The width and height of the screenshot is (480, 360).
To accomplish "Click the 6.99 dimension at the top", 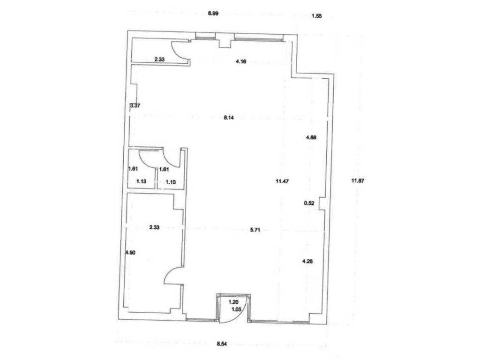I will coord(213,14).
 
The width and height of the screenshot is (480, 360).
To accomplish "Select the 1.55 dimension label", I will coord(316,16).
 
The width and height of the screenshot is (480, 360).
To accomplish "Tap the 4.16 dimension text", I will coord(241,61).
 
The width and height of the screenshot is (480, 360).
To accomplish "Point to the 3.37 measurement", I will coord(135,105).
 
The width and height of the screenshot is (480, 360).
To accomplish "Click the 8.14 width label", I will coord(229,118).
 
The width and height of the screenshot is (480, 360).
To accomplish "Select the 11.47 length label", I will coord(282,181).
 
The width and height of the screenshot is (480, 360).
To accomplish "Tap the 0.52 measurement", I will coord(309,203).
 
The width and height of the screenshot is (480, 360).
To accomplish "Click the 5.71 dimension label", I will coord(255,230).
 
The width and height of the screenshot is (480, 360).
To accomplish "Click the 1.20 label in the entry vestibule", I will coord(233,302).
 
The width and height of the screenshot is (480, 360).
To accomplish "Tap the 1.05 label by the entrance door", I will coord(235,309).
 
